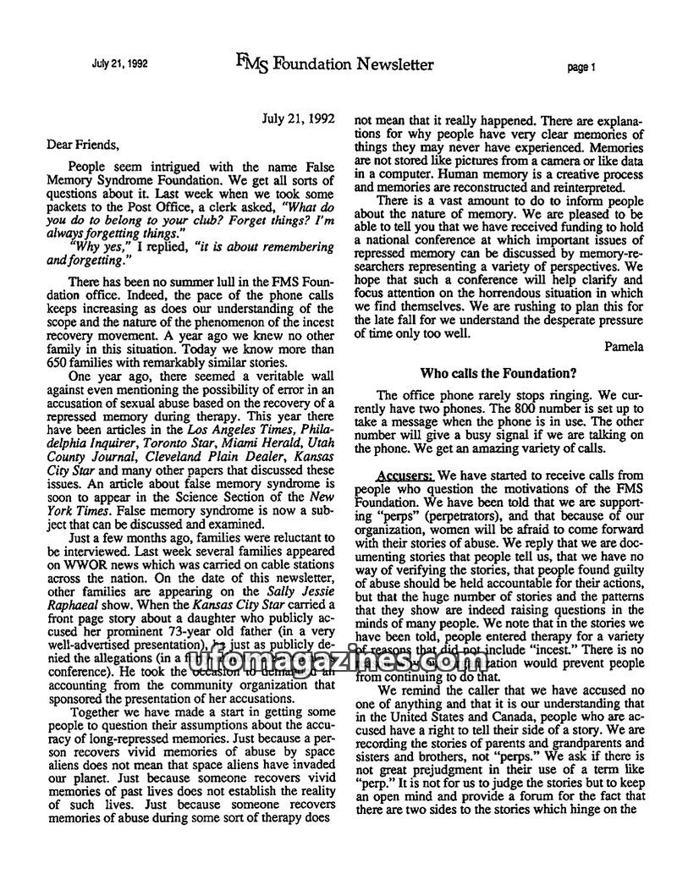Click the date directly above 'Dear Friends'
point(299,119)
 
